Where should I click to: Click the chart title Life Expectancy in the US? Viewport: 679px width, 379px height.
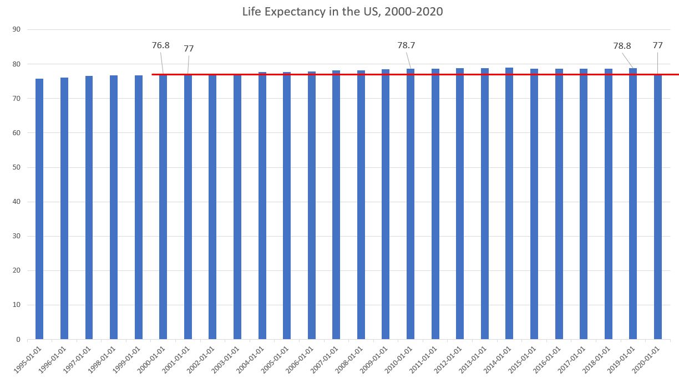tap(342, 11)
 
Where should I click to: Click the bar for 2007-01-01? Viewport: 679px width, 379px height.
tap(336, 205)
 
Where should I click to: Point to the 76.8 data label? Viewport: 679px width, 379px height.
tap(160, 45)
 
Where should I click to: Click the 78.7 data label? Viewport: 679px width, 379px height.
tap(406, 45)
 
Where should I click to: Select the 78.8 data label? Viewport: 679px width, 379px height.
tap(622, 46)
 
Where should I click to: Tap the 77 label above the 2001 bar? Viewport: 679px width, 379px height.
tap(189, 49)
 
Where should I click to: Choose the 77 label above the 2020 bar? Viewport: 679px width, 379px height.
tap(658, 45)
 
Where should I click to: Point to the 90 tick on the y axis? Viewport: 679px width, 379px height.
tap(16, 29)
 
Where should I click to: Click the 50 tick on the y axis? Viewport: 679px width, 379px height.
tap(16, 167)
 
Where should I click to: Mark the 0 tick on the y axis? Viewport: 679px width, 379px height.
tap(18, 339)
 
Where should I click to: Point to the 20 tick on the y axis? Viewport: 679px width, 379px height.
tap(16, 270)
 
